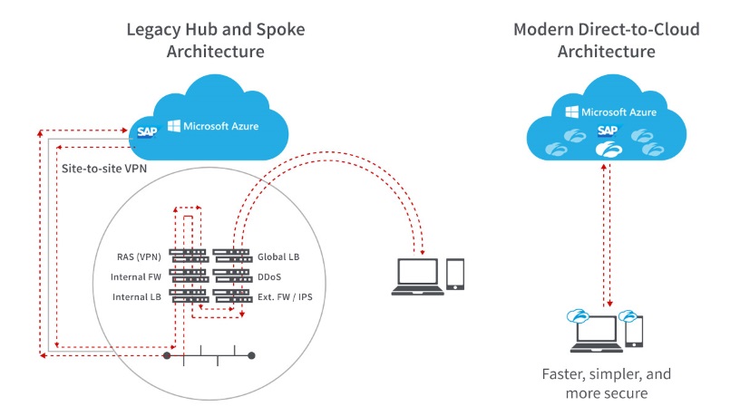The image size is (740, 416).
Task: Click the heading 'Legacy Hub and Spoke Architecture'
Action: pos(215,40)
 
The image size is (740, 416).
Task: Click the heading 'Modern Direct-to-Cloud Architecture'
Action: pos(607,40)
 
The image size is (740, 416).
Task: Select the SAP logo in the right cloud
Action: pos(606,131)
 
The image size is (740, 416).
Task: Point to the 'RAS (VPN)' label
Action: pos(139,256)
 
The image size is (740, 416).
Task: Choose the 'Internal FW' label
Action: pos(137,276)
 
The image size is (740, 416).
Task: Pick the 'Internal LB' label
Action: pos(137,296)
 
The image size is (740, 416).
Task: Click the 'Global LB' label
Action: pos(278,256)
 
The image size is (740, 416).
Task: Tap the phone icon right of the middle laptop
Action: pos(456,275)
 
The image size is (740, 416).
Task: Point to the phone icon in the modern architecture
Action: pos(635,333)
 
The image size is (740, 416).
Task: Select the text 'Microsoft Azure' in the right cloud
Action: pos(616,112)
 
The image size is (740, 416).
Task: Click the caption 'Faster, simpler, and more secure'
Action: pos(607,383)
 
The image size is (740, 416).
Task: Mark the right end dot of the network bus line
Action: pos(251,356)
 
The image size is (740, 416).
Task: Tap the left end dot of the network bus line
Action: pos(167,356)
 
